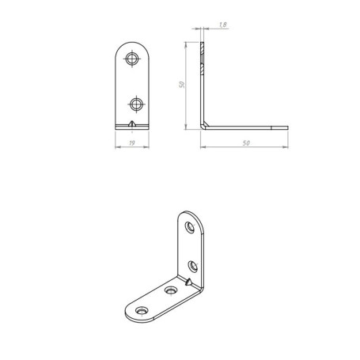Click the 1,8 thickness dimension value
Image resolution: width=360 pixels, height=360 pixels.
[223, 25]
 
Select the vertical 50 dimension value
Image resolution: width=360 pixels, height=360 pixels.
[182, 85]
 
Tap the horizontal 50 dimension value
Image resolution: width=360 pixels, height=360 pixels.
[246, 143]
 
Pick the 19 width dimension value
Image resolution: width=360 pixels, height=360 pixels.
[132, 143]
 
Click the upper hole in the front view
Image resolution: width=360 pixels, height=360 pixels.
[132, 59]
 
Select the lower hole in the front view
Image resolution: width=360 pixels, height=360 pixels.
[136, 104]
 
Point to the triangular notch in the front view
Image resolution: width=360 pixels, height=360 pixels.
[132, 123]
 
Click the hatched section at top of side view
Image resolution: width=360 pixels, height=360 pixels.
[202, 58]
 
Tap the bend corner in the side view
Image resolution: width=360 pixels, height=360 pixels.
[203, 126]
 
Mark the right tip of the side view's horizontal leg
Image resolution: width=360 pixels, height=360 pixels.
[288, 128]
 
